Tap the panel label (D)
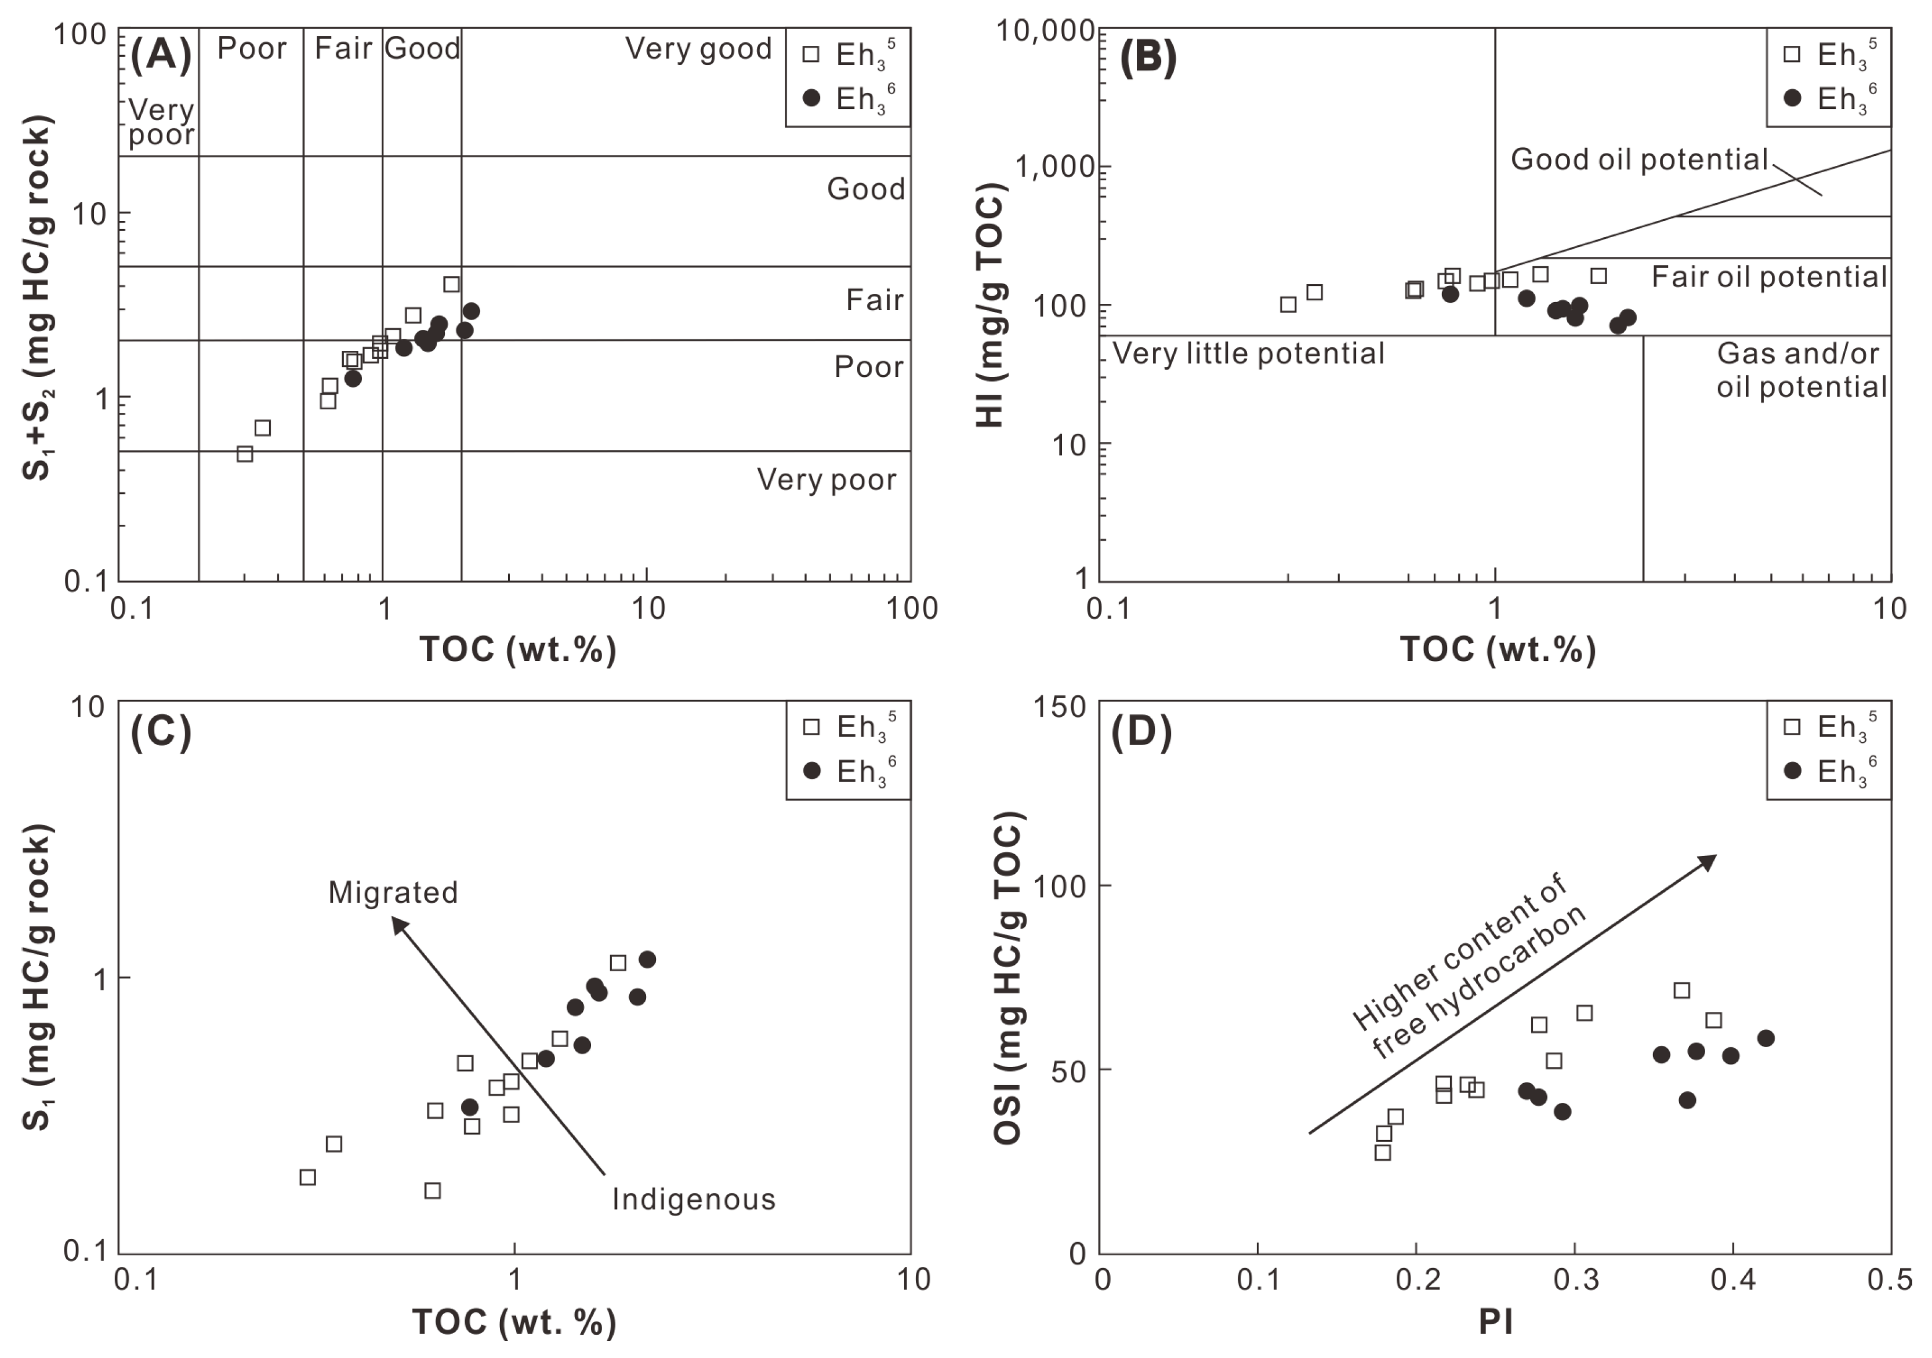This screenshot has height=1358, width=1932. tap(1141, 732)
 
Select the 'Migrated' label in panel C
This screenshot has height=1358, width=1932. tap(393, 892)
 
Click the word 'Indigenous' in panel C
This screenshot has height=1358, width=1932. tap(693, 1199)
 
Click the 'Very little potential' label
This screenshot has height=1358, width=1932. tap(1248, 353)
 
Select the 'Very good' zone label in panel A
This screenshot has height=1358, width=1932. tap(698, 49)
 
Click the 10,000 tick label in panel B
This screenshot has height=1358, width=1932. tap(1046, 31)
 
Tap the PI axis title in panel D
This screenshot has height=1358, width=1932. tap(1495, 1322)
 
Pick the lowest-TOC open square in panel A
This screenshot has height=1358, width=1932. tap(245, 453)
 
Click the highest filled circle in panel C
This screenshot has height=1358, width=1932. tap(647, 959)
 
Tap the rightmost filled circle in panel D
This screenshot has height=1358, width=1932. tap(1766, 1039)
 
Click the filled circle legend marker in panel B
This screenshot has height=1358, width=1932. tap(1792, 99)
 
